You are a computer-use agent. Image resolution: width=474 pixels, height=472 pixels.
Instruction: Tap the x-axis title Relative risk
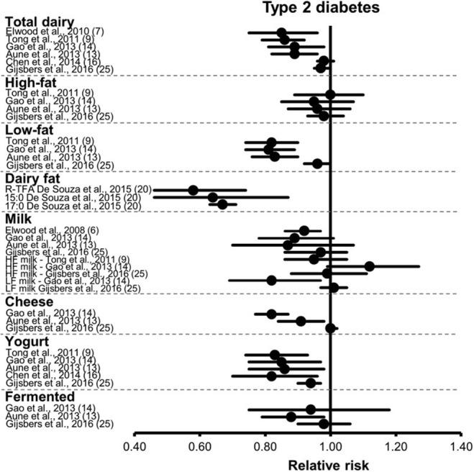pos(329,464)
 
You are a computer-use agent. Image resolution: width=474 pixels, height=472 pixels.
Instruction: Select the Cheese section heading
pos(29,302)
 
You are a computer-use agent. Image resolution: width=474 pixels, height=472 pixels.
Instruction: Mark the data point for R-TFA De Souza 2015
pos(193,190)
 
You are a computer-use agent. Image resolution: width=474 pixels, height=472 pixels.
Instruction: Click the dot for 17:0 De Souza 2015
pos(223,204)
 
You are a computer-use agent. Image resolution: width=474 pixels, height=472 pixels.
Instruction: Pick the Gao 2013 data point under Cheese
pos(271,314)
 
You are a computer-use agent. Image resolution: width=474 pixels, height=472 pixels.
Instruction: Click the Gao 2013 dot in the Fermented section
pos(310,409)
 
